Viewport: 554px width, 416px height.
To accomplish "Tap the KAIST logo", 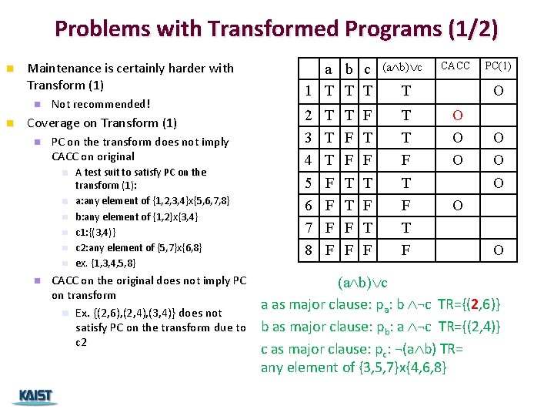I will [33, 397].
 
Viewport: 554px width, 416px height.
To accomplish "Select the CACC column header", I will [455, 66].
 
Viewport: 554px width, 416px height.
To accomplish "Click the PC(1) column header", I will [498, 66].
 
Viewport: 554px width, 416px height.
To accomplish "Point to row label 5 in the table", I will [308, 183].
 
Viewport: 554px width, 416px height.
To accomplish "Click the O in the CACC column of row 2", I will [457, 115].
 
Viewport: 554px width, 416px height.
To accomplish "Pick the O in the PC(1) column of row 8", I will [499, 250].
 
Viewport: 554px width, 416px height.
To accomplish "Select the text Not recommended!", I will [100, 104].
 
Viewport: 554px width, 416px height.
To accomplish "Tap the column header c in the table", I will [368, 69].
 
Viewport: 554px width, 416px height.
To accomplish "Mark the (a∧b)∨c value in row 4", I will [405, 161].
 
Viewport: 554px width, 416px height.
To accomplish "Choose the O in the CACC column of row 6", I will [457, 206].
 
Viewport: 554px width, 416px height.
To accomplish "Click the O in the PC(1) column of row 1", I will [499, 92].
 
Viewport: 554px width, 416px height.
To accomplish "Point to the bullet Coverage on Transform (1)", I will [102, 122].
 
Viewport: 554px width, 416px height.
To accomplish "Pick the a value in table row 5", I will [329, 183].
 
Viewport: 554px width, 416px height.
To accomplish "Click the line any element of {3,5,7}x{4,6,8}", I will [353, 367].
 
